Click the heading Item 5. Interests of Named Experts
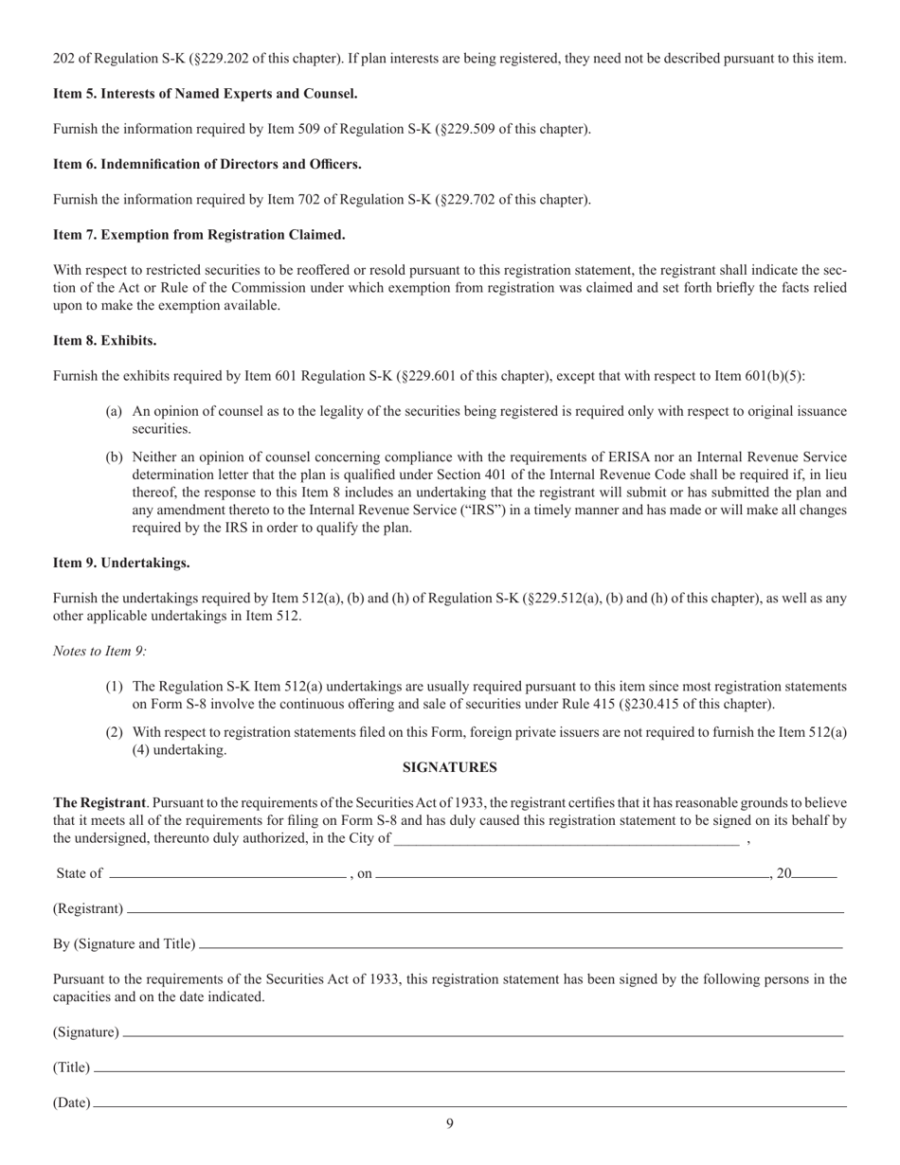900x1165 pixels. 205,94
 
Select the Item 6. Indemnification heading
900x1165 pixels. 207,164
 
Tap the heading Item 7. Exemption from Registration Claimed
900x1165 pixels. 199,234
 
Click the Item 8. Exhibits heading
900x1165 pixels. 104,340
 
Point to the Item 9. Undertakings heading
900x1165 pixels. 121,563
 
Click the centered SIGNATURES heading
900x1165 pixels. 450,767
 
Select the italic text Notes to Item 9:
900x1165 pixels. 99,651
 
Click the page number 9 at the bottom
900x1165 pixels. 450,1124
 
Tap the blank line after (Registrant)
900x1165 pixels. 485,910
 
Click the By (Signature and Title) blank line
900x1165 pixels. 521,945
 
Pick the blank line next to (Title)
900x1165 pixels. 469,1069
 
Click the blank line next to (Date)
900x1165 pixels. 469,1104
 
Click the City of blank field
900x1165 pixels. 566,840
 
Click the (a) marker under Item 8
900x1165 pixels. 114,411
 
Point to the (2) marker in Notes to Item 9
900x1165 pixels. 114,731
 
